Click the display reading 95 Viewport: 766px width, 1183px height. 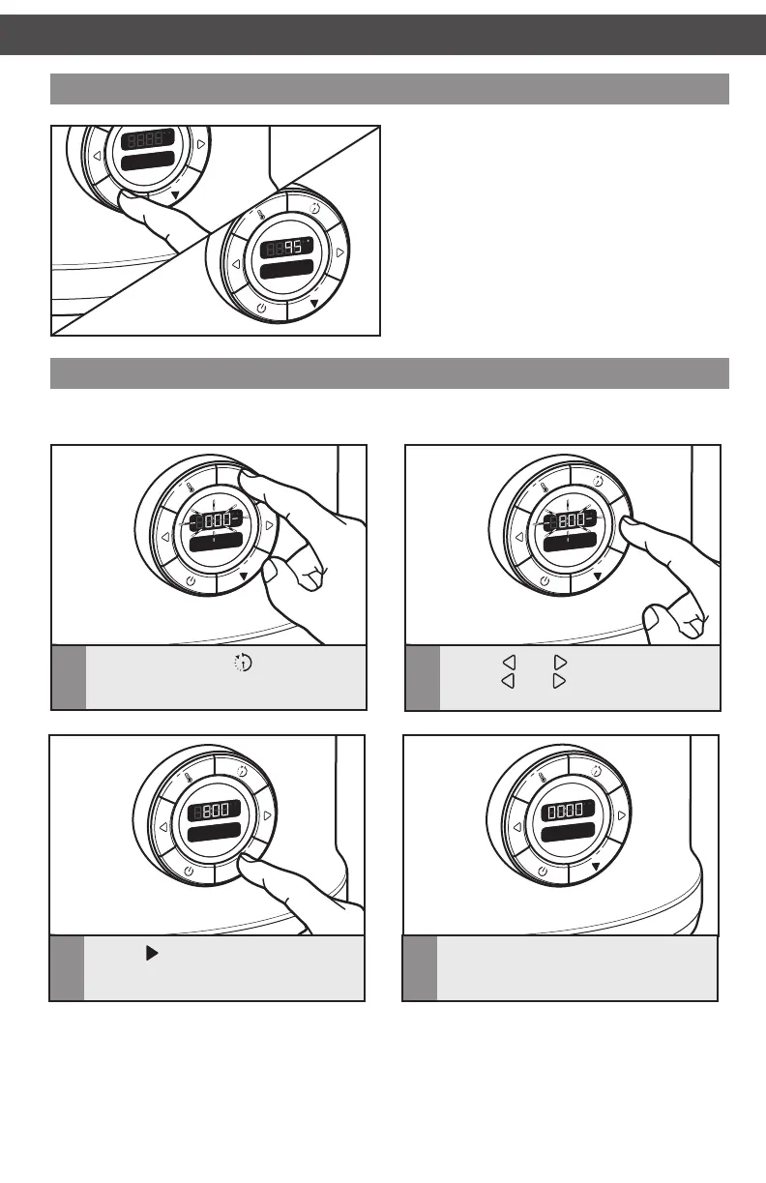(x=286, y=247)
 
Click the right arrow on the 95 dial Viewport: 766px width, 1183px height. (x=340, y=252)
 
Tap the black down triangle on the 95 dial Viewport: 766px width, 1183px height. (x=315, y=303)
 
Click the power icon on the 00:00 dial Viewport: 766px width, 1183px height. (x=543, y=872)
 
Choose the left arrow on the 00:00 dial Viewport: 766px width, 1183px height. (x=518, y=827)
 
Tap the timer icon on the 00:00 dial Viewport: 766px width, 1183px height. (x=596, y=770)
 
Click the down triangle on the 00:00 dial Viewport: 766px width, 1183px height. (x=597, y=867)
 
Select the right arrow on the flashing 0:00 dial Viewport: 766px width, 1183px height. (x=268, y=523)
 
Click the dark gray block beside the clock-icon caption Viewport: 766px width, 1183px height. (x=68, y=677)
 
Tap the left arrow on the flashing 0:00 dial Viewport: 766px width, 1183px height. (x=165, y=536)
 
